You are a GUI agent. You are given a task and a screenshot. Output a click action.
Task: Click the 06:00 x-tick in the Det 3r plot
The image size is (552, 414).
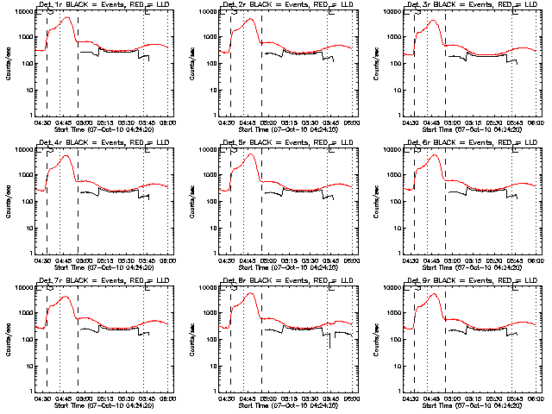click(536, 122)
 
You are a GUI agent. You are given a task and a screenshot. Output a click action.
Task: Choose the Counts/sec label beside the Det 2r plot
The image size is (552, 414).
click(191, 65)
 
